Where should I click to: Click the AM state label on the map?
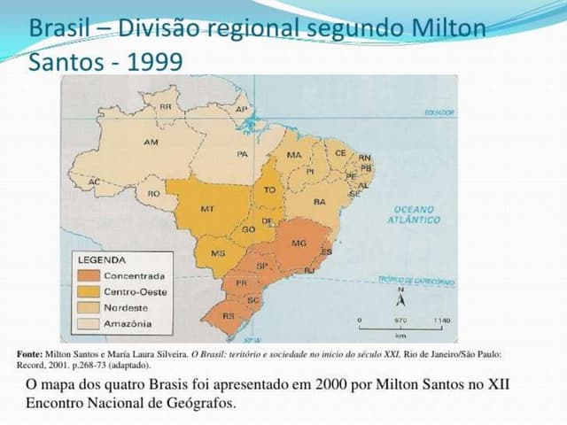pos(151,142)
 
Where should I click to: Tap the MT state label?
pos(207,209)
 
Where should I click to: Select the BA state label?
pos(320,201)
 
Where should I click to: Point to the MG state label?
pos(299,243)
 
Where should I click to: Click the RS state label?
pos(228,315)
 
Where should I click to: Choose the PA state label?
pos(242,153)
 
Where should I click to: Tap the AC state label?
pos(94,182)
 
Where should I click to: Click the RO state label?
pos(154,193)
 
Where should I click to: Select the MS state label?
pos(218,253)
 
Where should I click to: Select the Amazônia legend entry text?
pos(128,323)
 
